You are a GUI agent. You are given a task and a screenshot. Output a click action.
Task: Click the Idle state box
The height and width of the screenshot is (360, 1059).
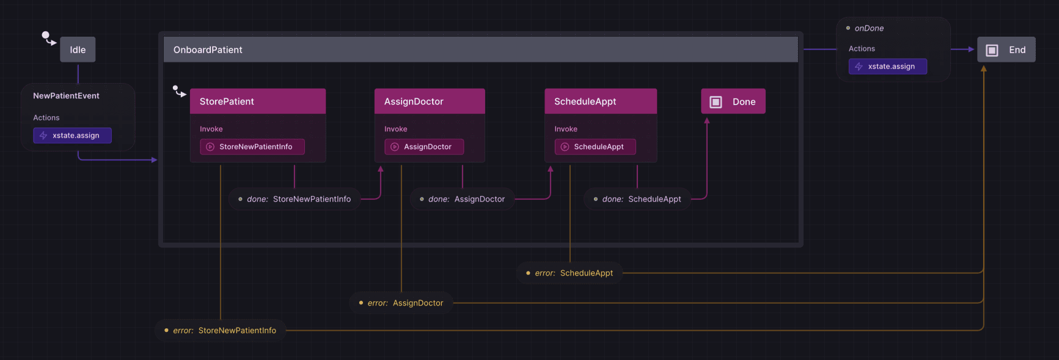(x=78, y=50)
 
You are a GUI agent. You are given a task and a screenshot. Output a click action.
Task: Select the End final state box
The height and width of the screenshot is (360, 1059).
(x=1006, y=50)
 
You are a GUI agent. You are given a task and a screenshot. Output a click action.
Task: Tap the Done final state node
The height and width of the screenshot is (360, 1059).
(x=733, y=102)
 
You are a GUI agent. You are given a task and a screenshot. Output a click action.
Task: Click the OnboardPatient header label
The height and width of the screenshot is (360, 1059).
(x=208, y=50)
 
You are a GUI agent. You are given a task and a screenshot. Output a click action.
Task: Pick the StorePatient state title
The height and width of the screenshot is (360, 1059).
(x=227, y=101)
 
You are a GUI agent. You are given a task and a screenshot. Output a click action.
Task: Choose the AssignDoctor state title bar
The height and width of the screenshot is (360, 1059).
(x=429, y=101)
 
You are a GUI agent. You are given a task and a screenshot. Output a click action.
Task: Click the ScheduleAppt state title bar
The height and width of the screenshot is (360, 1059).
(x=600, y=101)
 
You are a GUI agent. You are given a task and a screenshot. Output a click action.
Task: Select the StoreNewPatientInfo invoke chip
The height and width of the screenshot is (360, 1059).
(x=252, y=147)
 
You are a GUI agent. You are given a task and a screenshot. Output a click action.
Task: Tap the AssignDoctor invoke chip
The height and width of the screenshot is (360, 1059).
(x=423, y=147)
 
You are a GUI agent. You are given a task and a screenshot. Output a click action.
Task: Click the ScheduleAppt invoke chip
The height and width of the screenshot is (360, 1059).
(x=595, y=147)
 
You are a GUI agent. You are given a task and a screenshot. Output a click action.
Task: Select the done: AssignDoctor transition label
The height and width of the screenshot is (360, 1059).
(x=463, y=199)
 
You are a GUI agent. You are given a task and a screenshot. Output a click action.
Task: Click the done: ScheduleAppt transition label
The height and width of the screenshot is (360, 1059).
(x=637, y=199)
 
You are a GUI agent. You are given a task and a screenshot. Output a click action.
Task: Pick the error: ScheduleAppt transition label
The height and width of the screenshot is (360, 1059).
(x=570, y=273)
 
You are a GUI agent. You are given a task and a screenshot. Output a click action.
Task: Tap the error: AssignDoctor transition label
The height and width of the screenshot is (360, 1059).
(x=401, y=303)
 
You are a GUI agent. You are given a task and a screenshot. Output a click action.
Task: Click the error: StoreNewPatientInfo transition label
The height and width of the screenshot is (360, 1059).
(x=220, y=331)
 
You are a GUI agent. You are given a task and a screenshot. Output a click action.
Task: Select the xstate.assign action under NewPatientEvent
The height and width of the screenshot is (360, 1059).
(x=72, y=136)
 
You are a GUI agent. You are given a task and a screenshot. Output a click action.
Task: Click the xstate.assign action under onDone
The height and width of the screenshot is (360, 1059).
(x=887, y=67)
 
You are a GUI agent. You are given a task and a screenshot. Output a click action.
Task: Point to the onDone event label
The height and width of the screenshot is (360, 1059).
(x=868, y=29)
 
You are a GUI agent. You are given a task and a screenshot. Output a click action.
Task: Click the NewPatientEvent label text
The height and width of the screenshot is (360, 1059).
(x=66, y=96)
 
